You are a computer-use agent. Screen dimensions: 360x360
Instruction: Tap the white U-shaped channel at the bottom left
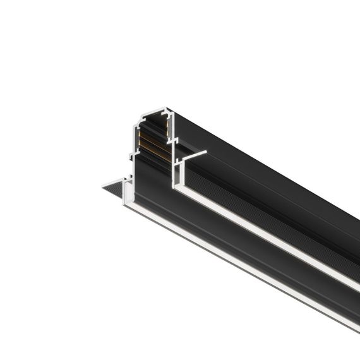click(129, 189)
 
